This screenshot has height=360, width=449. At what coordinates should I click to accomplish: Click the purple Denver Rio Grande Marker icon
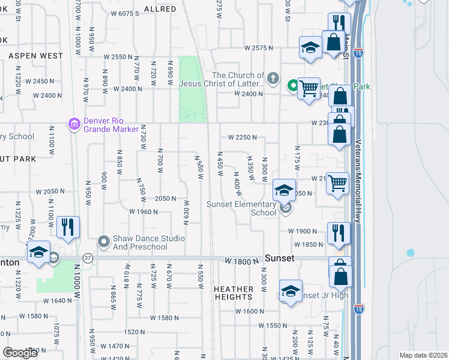[x=74, y=124]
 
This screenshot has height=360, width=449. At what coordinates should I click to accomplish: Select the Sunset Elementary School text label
[x=241, y=208]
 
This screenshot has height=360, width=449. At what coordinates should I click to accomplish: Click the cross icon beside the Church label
[x=273, y=78]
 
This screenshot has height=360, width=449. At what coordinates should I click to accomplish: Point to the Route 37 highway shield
[x=87, y=257]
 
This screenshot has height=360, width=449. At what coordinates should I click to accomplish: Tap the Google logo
[x=20, y=353]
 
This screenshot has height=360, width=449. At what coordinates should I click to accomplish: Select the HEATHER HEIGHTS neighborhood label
[x=233, y=293]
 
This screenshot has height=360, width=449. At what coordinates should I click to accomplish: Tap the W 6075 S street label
[x=133, y=13]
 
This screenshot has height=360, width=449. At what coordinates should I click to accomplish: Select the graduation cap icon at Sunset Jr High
[x=290, y=292]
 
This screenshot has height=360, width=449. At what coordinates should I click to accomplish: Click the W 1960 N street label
[x=144, y=212]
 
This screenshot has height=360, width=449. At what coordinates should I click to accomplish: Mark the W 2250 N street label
[x=243, y=137]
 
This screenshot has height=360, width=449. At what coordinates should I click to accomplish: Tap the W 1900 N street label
[x=303, y=231]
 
